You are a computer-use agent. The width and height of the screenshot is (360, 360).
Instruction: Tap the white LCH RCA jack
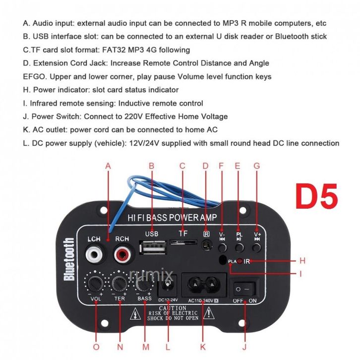tap(94, 255)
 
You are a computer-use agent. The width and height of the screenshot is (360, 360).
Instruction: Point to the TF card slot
tap(182, 242)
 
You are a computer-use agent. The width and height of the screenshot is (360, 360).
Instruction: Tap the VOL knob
tap(96, 283)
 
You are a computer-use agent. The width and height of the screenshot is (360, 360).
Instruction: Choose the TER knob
tap(119, 283)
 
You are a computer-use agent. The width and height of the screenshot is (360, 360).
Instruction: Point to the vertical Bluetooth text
tap(69, 259)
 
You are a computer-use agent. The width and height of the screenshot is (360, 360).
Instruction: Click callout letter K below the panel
tap(202, 347)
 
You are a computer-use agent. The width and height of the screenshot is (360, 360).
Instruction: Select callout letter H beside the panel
tap(302, 260)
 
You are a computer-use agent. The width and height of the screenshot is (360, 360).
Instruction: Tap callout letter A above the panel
tap(108, 166)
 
